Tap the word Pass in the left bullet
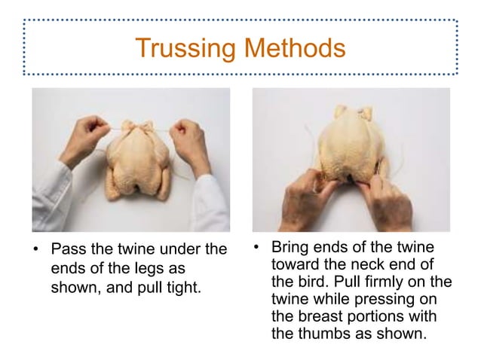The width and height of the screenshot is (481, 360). tap(66, 249)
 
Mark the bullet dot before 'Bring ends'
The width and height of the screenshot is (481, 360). tap(257, 248)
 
